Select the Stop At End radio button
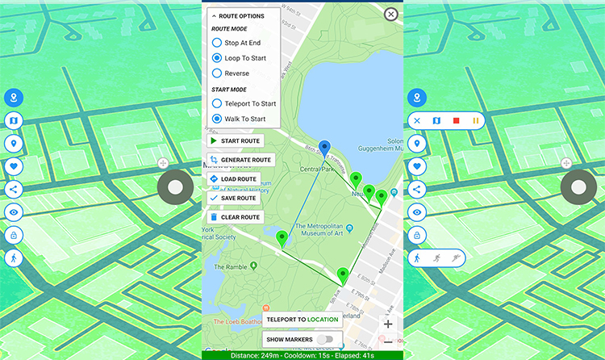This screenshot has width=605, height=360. pyautogui.click(x=216, y=43)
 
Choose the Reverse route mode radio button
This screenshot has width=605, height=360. pyautogui.click(x=216, y=73)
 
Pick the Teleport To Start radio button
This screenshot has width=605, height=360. pyautogui.click(x=216, y=103)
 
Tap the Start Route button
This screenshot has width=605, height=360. pyautogui.click(x=235, y=141)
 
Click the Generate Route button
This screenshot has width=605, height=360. pyautogui.click(x=240, y=160)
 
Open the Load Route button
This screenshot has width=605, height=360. pyautogui.click(x=233, y=179)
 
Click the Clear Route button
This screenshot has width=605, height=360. pyautogui.click(x=235, y=217)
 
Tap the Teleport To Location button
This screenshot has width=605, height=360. pyautogui.click(x=302, y=320)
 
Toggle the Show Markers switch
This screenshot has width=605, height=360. pyautogui.click(x=325, y=340)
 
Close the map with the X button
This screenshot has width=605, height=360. pyautogui.click(x=390, y=14)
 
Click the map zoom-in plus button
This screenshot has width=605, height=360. pyautogui.click(x=388, y=324)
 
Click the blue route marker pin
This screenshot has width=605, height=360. pyautogui.click(x=324, y=148)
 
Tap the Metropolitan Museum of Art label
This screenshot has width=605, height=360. pyautogui.click(x=320, y=231)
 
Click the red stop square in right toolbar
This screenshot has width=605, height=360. pyautogui.click(x=456, y=121)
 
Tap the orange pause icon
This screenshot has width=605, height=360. pyautogui.click(x=475, y=121)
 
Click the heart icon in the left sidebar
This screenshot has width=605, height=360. pyautogui.click(x=14, y=167)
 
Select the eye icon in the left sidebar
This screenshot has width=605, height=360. pyautogui.click(x=14, y=212)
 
